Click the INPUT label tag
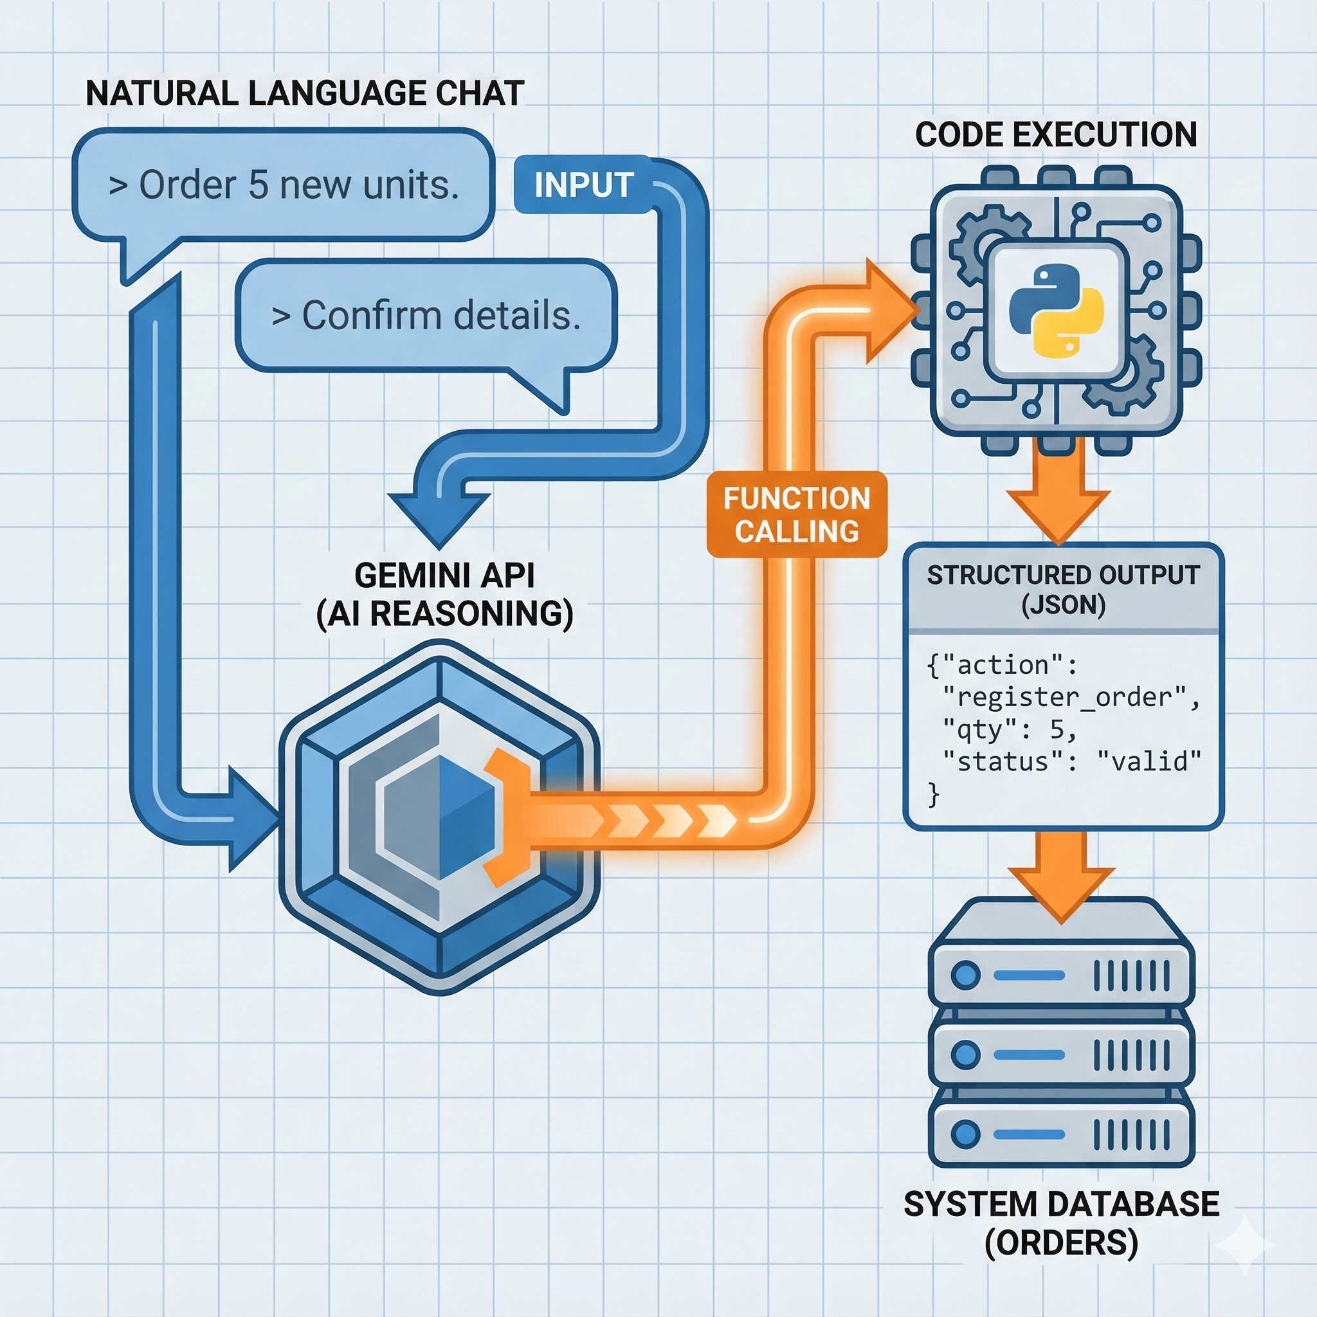pos(583,185)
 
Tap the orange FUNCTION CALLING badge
pos(796,515)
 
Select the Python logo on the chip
pos(1055,310)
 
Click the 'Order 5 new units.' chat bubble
pos(284,185)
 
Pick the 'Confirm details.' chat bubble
pos(426,316)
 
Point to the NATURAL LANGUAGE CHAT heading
pos(305,93)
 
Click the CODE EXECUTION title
pos(1055,134)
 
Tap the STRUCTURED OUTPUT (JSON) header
pos(1063,589)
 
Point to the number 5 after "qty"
pos(1057,729)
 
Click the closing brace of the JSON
pos(934,794)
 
